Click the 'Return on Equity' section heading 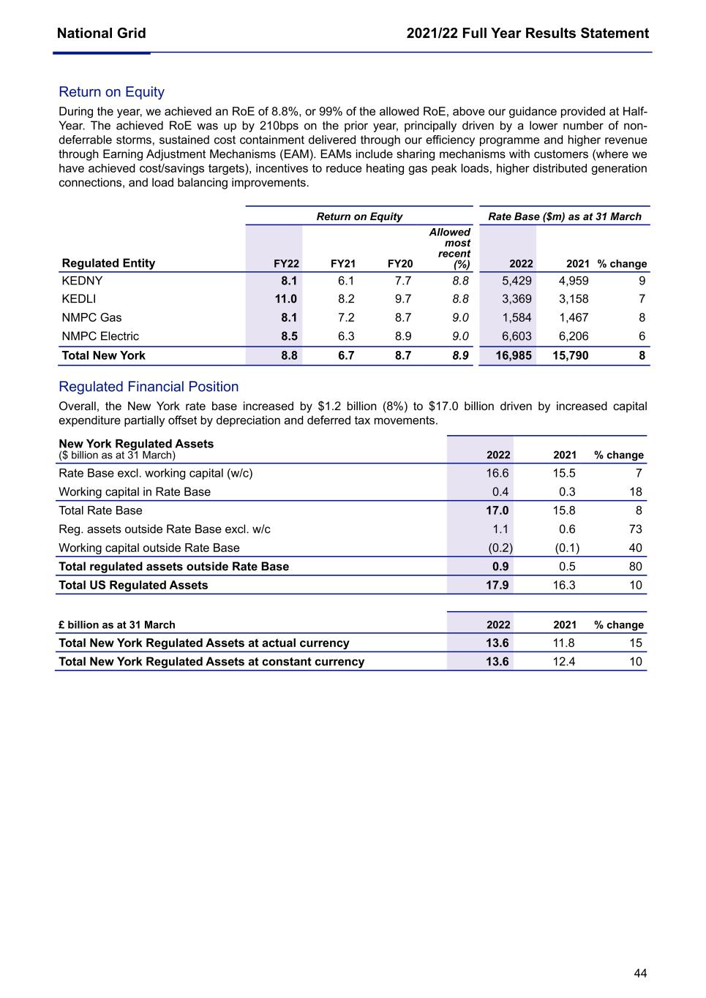coord(111,92)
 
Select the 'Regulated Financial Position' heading coord(149,387)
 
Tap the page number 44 coord(640,973)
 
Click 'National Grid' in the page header coord(101,34)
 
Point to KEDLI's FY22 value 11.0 coord(286,299)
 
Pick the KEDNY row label coord(82,281)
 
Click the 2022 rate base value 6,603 coord(517,336)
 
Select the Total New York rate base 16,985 coord(514,355)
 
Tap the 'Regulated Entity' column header coord(108,263)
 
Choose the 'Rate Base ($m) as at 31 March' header coord(564,216)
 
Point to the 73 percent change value coord(635,529)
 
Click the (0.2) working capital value coord(500,548)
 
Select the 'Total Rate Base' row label coord(100,510)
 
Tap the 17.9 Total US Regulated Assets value coord(499,585)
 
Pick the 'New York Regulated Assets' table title coord(136,444)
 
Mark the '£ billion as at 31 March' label coord(117,625)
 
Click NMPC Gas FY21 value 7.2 coord(346,318)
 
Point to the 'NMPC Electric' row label coord(100,336)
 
